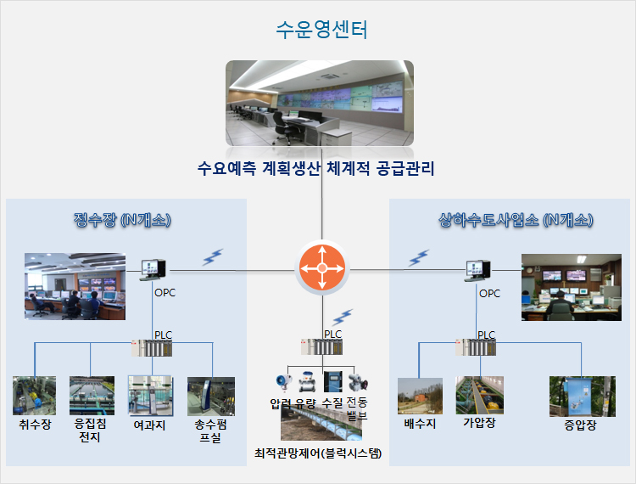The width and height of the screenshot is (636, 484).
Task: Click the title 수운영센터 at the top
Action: (321, 30)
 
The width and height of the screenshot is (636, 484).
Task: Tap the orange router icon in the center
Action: (322, 268)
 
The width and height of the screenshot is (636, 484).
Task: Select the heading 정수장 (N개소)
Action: (122, 220)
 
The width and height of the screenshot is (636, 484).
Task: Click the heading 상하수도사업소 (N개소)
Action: (516, 220)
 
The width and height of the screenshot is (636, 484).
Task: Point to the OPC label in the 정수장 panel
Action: (165, 292)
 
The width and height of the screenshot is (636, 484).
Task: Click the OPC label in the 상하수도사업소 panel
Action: (489, 293)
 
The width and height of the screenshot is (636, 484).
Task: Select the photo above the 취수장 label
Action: (34, 396)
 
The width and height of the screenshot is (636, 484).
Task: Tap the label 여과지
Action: (149, 425)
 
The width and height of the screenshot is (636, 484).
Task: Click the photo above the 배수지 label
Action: (420, 397)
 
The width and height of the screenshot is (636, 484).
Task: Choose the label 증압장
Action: (580, 425)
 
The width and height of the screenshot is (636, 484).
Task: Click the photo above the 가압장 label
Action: (479, 395)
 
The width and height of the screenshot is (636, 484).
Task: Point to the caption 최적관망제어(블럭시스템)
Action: (318, 453)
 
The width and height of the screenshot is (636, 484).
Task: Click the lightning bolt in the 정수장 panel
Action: (213, 257)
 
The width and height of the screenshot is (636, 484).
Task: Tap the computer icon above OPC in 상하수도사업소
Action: (477, 270)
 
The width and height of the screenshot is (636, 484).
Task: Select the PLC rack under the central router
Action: (321, 347)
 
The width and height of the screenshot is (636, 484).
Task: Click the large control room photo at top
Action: (320, 103)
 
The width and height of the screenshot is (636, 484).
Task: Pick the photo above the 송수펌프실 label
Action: (211, 397)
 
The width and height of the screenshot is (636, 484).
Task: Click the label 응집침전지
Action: (90, 431)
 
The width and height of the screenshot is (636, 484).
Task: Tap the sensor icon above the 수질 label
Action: (332, 381)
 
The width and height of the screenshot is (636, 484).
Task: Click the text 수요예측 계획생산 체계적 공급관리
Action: (316, 168)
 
